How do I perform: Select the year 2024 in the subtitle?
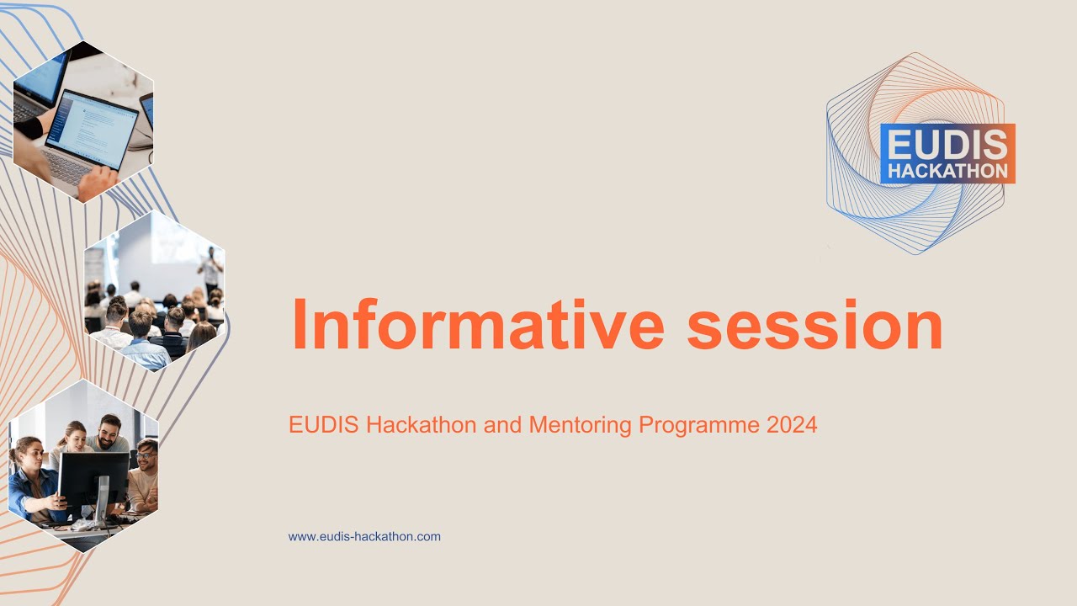click(792, 425)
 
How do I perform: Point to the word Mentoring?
click(581, 425)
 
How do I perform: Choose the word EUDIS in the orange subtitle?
click(324, 425)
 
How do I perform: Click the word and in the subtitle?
click(503, 425)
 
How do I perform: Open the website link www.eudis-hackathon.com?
click(364, 536)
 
